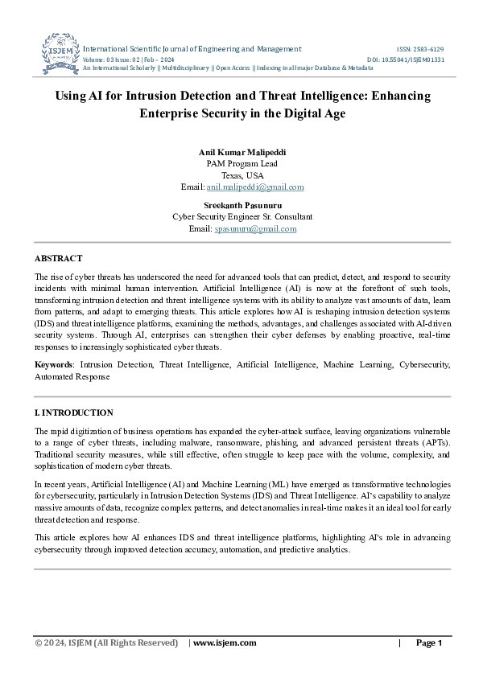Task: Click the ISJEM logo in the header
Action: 60,55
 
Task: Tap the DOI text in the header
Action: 405,59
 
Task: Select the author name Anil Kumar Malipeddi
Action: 242,152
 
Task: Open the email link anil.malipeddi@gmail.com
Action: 255,187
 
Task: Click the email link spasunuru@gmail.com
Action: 255,228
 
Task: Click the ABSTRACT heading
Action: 58,258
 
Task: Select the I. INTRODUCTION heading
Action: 74,412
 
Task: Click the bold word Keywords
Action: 54,364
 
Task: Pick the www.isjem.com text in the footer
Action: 225,642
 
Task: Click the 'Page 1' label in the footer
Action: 428,642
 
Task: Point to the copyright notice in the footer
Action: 106,642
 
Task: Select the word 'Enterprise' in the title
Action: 173,113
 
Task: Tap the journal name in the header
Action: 192,49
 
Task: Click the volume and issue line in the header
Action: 129,59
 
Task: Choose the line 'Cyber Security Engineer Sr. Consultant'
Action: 242,217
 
